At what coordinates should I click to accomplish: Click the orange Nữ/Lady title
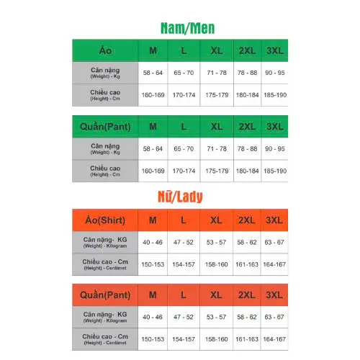(184, 196)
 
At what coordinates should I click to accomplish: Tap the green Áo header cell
(105, 50)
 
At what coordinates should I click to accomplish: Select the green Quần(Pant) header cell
(105, 127)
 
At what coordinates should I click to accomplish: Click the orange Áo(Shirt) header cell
(105, 220)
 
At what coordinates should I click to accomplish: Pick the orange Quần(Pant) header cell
(105, 295)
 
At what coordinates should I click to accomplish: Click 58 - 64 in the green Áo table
(153, 73)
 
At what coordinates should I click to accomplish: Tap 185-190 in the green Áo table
(275, 95)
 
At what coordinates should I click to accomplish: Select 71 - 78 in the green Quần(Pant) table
(216, 148)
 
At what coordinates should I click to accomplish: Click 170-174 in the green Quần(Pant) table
(184, 171)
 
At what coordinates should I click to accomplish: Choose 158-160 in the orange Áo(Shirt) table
(216, 265)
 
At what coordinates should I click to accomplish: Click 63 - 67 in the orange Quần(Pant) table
(274, 318)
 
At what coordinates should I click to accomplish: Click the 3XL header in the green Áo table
(274, 50)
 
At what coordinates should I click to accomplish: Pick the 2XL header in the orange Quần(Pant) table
(246, 295)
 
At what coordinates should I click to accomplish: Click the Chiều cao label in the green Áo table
(105, 94)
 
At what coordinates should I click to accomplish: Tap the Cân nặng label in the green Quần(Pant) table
(105, 148)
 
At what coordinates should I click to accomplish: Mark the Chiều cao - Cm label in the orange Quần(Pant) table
(105, 339)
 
